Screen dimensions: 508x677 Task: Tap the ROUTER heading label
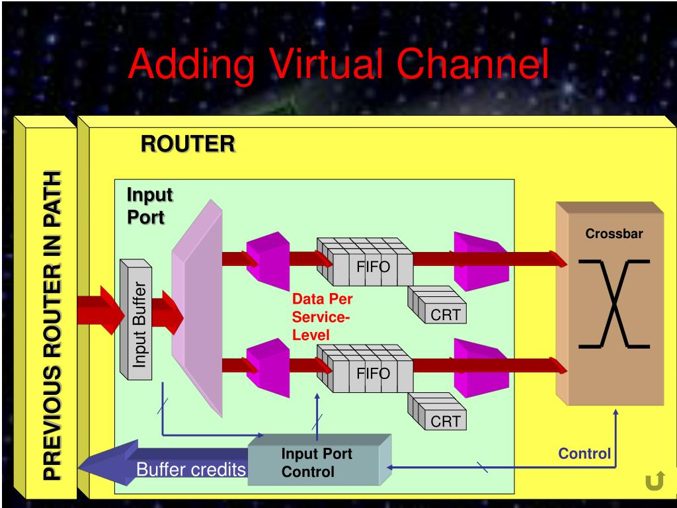click(187, 144)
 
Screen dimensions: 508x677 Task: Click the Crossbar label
click(614, 233)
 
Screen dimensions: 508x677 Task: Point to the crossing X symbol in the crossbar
click(614, 304)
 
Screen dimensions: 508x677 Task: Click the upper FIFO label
click(374, 267)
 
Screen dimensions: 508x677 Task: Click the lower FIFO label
click(374, 373)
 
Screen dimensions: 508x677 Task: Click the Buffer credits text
click(191, 470)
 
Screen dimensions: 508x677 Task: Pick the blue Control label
click(584, 454)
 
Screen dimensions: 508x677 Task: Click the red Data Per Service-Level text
click(322, 317)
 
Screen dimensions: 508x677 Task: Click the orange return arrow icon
click(654, 483)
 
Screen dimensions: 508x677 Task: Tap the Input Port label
click(149, 206)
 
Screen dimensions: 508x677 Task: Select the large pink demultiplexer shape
click(196, 308)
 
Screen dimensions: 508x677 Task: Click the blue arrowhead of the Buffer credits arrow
click(96, 466)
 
